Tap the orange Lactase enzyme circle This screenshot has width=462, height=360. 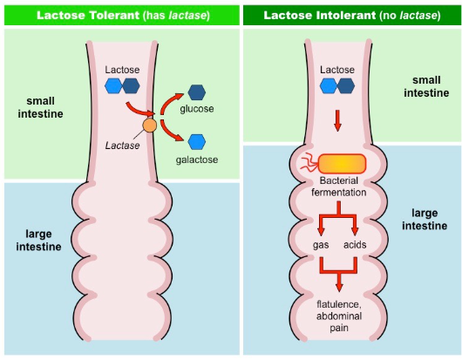point(149,127)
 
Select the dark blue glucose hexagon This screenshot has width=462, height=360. point(197,91)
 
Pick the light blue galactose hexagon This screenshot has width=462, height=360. point(197,141)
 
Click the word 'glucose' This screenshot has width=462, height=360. point(197,108)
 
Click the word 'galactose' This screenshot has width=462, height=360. point(197,160)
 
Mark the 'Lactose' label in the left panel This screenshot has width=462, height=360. point(121,69)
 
